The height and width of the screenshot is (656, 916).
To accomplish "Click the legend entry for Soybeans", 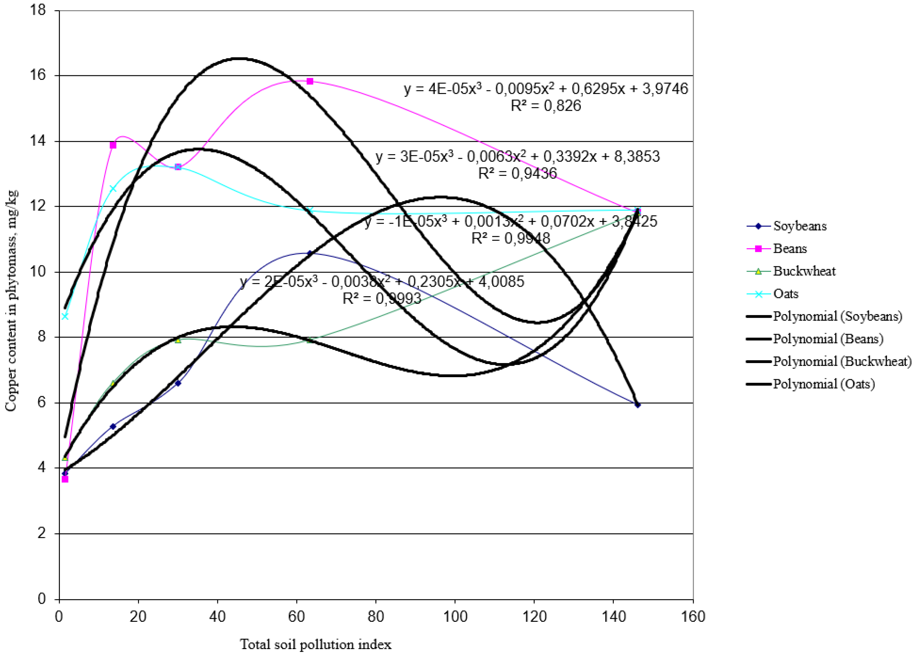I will (799, 226).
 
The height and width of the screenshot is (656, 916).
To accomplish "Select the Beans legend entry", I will (790, 249).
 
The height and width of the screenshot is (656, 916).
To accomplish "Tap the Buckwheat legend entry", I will (804, 271).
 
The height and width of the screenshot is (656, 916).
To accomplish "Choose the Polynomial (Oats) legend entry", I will (823, 384).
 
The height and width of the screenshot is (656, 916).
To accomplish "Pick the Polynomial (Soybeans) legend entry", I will (837, 316).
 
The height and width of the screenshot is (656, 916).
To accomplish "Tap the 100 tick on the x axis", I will (455, 617).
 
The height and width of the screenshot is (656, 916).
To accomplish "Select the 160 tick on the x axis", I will (693, 617).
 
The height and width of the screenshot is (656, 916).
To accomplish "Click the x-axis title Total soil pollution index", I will (315, 644).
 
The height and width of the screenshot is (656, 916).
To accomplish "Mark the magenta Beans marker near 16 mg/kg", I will (310, 81).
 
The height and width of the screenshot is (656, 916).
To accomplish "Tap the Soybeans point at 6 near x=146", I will (637, 405).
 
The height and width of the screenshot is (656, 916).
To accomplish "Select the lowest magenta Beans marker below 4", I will (65, 479).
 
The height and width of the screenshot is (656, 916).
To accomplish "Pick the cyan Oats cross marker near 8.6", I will (65, 316).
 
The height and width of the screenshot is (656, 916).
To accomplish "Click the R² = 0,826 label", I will (546, 106).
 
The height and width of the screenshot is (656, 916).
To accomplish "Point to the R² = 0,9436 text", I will (517, 174).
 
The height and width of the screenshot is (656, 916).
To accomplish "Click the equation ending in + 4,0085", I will (382, 281).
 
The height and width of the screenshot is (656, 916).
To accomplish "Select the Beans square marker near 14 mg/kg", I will (113, 145).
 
